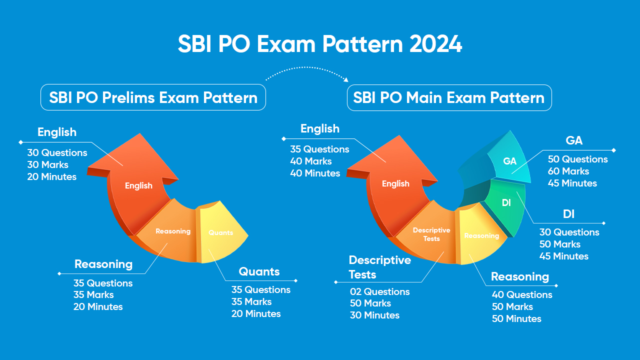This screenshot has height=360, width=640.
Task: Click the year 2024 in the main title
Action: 435,44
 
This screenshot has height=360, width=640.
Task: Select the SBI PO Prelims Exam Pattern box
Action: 153,97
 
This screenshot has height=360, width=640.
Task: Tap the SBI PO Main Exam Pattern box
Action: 449,97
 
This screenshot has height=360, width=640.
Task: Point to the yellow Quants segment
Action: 222,235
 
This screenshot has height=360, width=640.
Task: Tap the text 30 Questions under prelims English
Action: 57,153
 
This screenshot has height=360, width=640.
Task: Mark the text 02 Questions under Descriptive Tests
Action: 379,291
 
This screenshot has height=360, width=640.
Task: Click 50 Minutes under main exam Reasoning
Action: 516,319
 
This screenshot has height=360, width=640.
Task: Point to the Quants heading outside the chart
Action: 259,272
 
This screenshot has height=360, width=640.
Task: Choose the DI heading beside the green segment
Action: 568,214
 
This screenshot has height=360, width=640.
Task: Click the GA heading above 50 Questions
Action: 574,141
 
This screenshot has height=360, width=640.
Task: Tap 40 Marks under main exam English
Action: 311,161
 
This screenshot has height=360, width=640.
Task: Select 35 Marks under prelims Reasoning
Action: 93,295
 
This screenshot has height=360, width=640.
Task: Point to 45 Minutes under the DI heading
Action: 563,256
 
